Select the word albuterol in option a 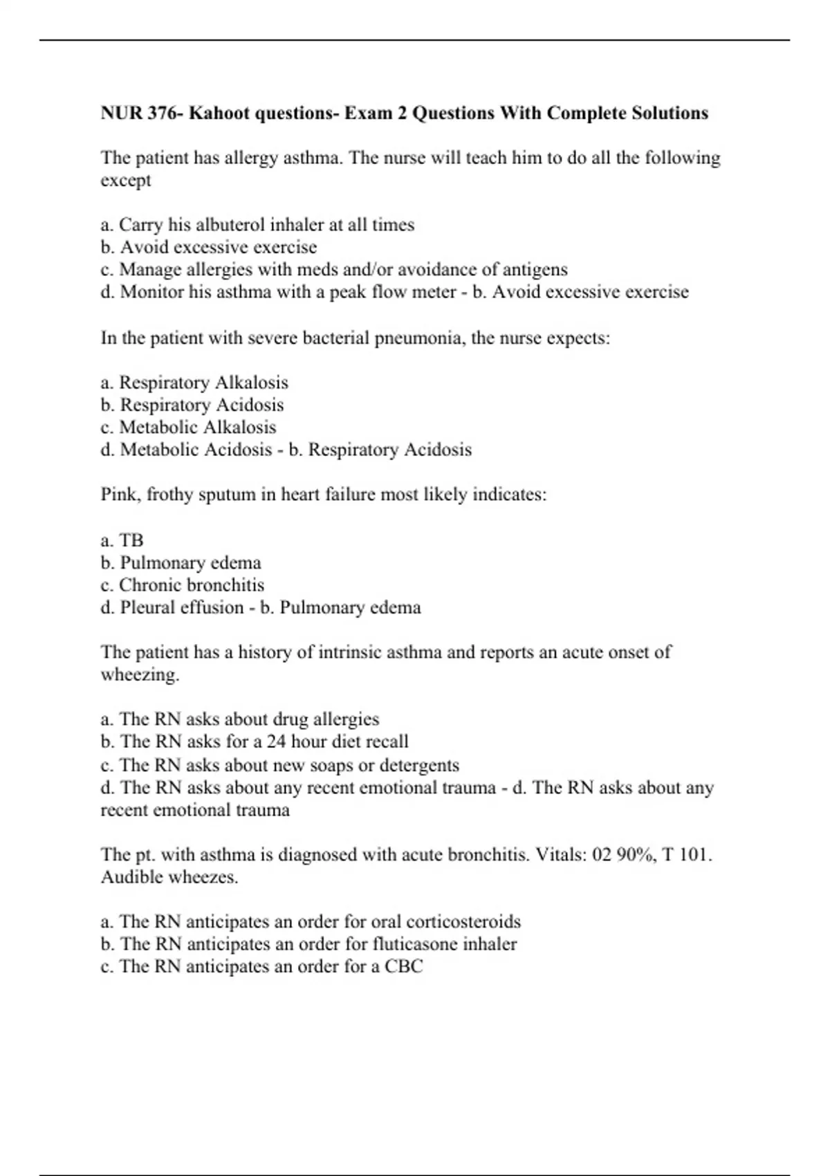point(230,225)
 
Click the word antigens point(535,269)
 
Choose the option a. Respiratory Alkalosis point(194,383)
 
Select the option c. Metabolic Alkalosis point(188,427)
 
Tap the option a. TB point(122,540)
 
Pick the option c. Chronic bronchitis point(183,585)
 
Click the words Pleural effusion point(182,607)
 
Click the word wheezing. point(139,674)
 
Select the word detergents point(418,765)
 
